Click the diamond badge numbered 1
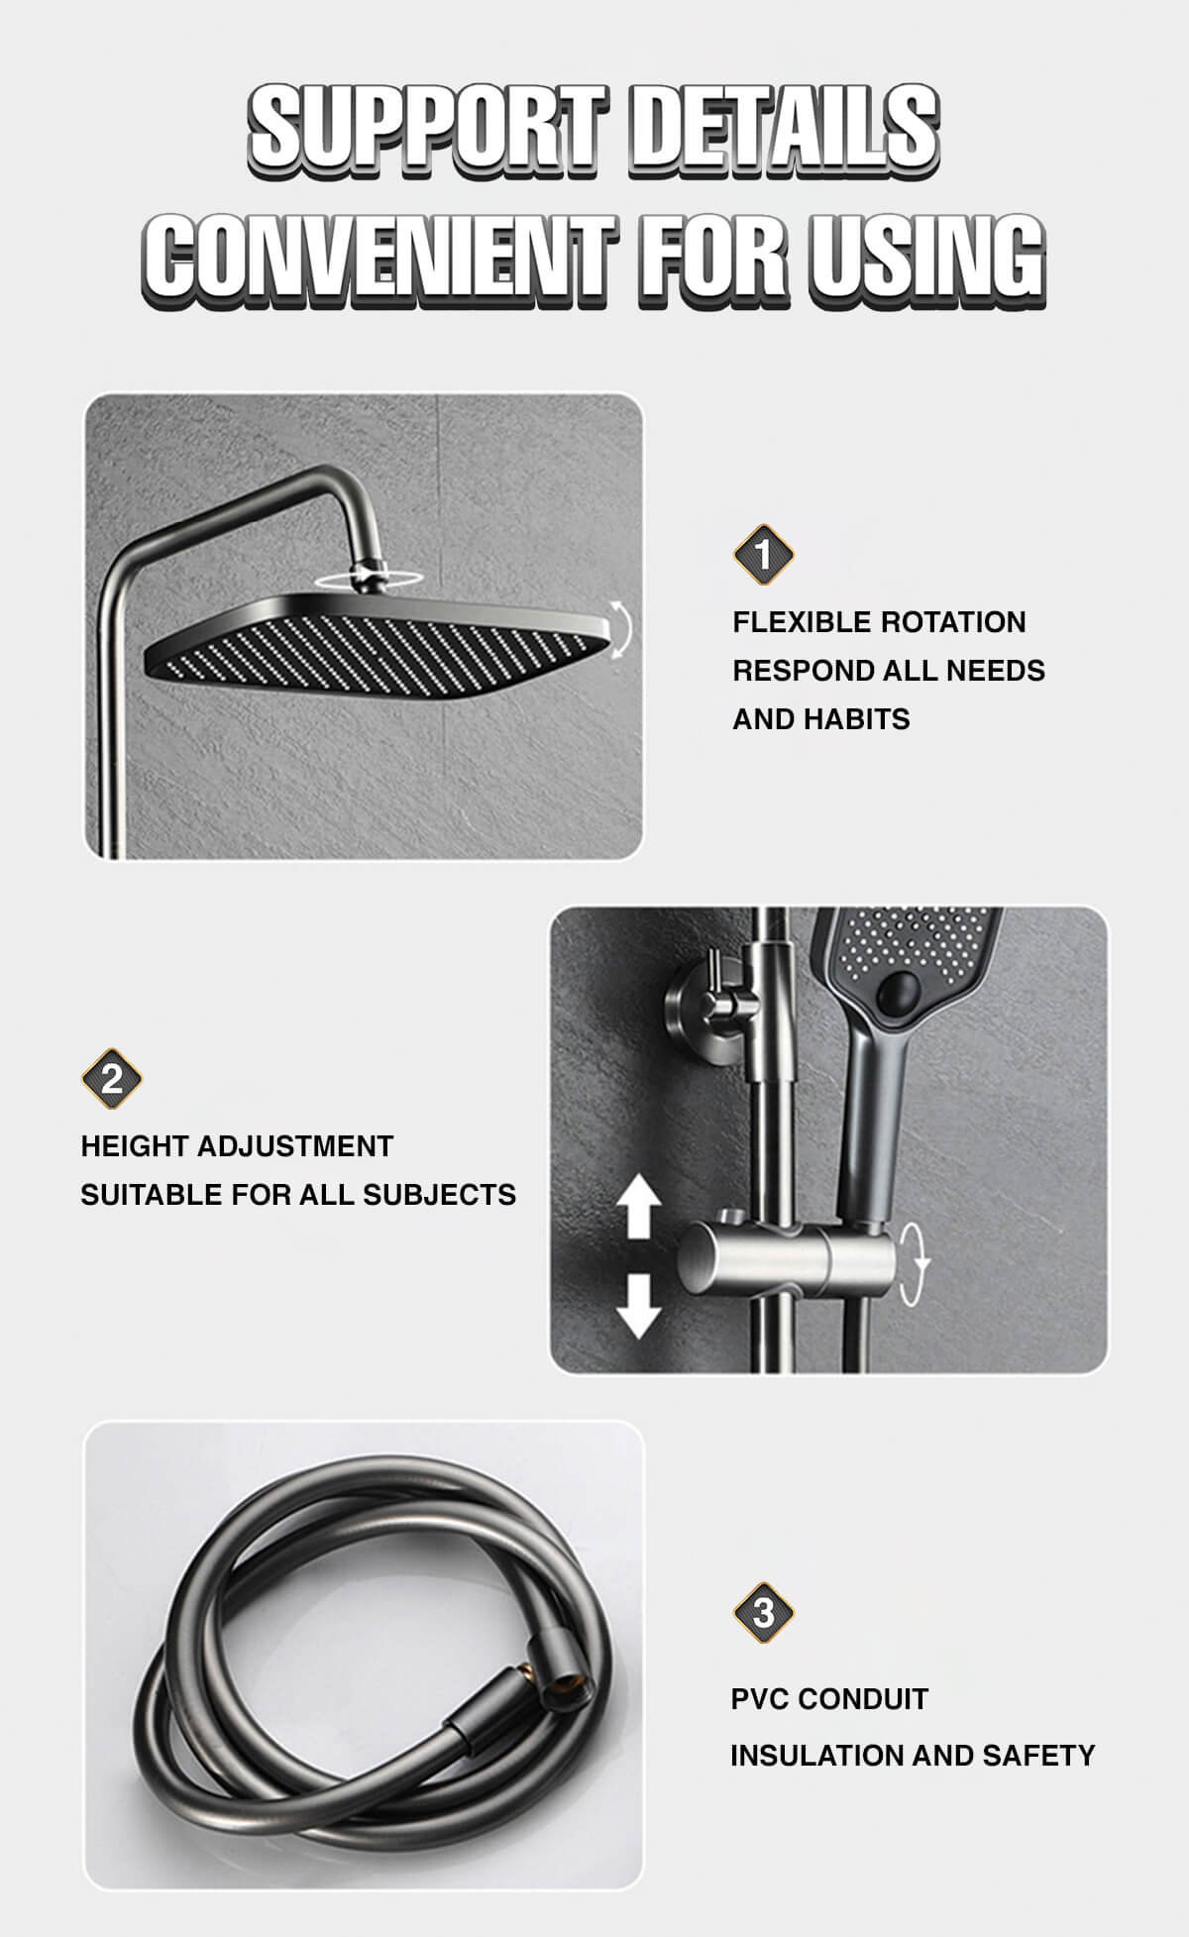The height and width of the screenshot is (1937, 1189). coord(763,554)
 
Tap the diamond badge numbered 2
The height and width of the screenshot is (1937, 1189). coord(111,1078)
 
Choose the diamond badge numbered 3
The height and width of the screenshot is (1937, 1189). coord(763,1612)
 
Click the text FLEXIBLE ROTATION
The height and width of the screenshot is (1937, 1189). coord(880,622)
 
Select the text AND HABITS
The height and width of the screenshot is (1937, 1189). coord(821,719)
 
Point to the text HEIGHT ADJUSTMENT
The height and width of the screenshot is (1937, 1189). coord(237,1146)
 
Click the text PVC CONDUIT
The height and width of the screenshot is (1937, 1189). coord(829,1698)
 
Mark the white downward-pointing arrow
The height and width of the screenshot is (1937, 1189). coord(639,1307)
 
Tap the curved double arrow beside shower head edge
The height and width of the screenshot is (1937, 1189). coord(619,629)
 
